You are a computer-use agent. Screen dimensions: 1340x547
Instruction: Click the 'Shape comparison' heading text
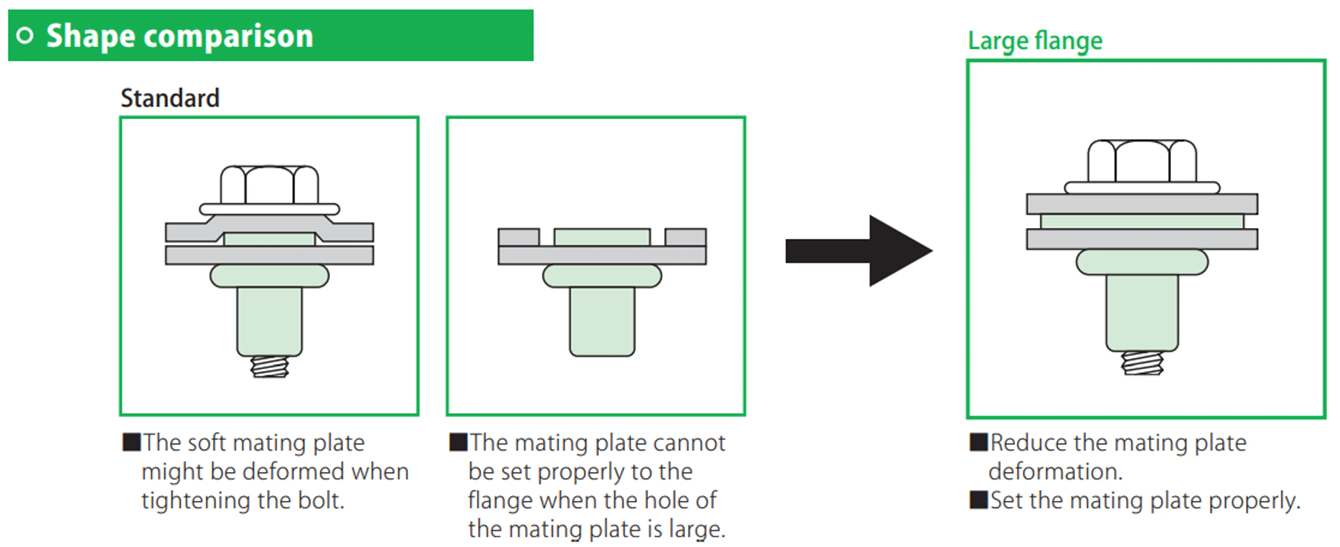(x=179, y=36)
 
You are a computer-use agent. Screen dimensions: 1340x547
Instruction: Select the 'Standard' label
(x=170, y=98)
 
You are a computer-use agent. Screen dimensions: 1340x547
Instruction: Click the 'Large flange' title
(x=1035, y=41)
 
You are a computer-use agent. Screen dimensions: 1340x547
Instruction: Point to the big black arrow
(x=858, y=251)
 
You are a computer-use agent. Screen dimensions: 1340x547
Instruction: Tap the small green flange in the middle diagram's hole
(x=602, y=237)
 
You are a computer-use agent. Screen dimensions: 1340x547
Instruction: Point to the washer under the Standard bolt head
(x=269, y=209)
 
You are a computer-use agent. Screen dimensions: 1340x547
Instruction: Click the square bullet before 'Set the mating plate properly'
(x=978, y=500)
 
